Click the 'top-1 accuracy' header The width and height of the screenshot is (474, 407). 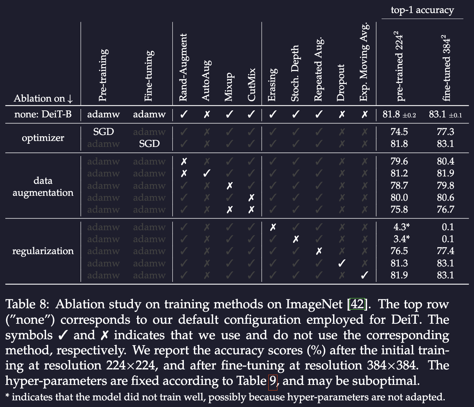pyautogui.click(x=422, y=10)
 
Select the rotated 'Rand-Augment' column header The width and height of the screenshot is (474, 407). pyautogui.click(x=183, y=67)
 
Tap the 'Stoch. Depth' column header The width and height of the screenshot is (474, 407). pyautogui.click(x=295, y=73)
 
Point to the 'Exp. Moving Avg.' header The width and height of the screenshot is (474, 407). pyautogui.click(x=364, y=62)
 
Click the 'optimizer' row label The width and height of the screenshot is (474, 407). pyautogui.click(x=43, y=138)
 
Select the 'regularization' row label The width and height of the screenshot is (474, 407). pyautogui.click(x=43, y=251)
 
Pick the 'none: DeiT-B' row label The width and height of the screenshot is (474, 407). pyautogui.click(x=43, y=114)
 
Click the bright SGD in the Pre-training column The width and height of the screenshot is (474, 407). pyautogui.click(x=103, y=132)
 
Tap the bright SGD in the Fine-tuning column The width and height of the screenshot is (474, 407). pyautogui.click(x=149, y=144)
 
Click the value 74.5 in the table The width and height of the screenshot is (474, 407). pyautogui.click(x=399, y=132)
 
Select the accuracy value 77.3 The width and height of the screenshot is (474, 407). pyautogui.click(x=446, y=132)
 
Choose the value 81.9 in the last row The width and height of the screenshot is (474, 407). pyautogui.click(x=399, y=275)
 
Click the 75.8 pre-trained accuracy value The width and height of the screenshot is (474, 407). pyautogui.click(x=399, y=209)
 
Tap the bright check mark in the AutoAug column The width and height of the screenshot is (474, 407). pyautogui.click(x=207, y=173)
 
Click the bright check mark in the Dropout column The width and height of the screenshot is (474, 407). pyautogui.click(x=341, y=263)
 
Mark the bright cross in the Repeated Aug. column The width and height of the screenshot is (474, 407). pyautogui.click(x=319, y=251)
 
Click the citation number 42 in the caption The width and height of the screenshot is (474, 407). pyautogui.click(x=357, y=304)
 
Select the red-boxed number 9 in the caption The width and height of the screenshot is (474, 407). pyautogui.click(x=273, y=381)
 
